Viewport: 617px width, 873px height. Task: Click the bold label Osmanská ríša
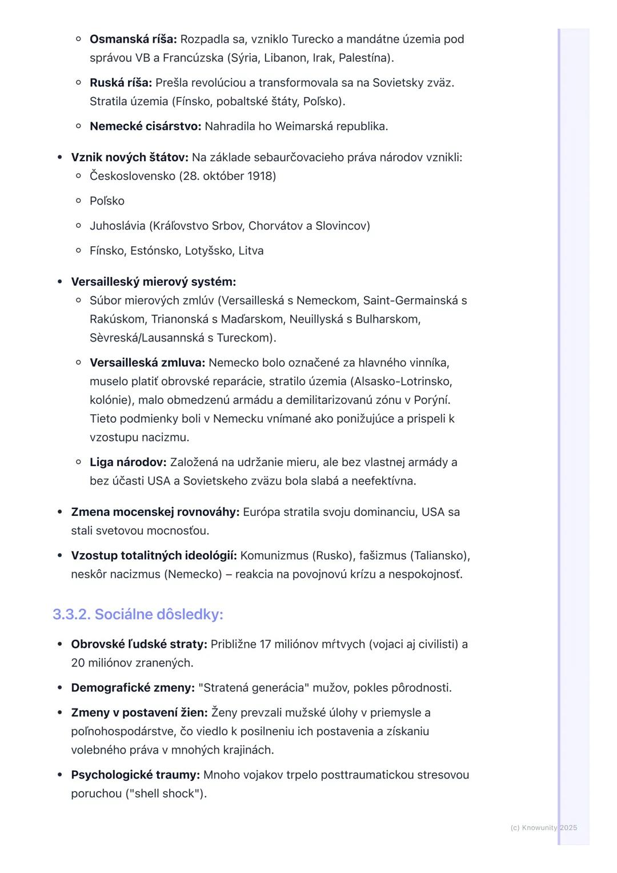click(133, 39)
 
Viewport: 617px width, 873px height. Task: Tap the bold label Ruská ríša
click(121, 83)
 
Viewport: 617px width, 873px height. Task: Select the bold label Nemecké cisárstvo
click(145, 126)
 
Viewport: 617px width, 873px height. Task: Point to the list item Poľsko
click(107, 201)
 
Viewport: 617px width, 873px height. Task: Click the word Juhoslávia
click(117, 226)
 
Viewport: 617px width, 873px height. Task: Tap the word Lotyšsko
click(208, 251)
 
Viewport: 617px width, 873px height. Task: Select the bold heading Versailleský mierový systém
click(153, 282)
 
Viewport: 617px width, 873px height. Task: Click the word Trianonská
click(183, 319)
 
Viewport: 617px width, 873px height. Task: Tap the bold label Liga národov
click(128, 462)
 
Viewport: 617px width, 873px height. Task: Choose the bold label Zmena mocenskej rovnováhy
click(155, 512)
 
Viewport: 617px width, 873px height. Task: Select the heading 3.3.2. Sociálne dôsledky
click(138, 614)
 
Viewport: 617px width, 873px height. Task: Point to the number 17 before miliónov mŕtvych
click(265, 644)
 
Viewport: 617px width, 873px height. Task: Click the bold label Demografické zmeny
click(133, 688)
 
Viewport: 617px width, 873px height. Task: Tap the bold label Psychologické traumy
click(135, 775)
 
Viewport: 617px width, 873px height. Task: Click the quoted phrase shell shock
click(166, 794)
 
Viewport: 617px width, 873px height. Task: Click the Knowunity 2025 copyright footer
click(543, 828)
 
